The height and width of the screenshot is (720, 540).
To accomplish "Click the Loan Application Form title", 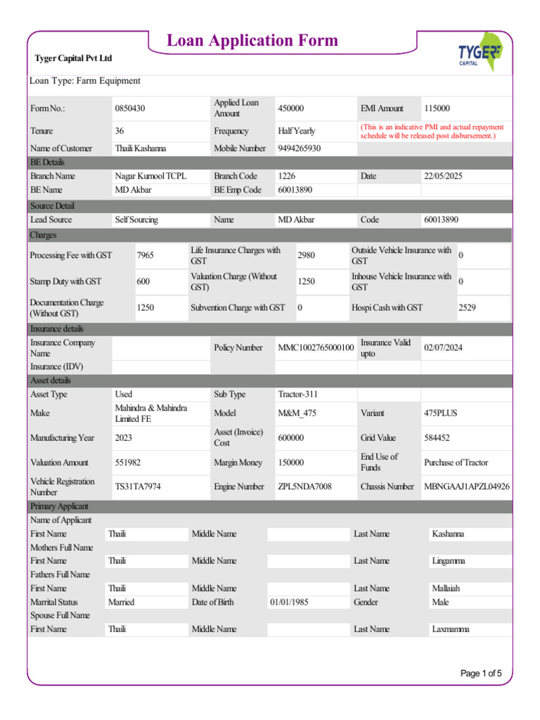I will (x=252, y=41).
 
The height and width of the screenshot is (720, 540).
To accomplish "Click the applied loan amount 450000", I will (x=291, y=108).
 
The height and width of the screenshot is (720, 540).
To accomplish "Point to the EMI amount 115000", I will (x=437, y=108).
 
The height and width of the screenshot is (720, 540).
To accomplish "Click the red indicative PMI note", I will (x=432, y=131).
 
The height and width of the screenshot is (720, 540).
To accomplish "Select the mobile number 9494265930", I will (x=300, y=148).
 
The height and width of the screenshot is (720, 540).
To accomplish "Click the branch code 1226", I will (x=287, y=176).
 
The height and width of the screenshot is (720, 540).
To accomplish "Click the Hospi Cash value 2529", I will (x=467, y=307).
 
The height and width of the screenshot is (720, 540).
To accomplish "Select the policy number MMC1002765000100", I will (x=316, y=347).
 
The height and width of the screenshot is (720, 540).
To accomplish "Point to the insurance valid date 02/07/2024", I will (x=444, y=347).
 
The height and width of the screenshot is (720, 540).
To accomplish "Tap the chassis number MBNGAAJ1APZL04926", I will (x=467, y=487).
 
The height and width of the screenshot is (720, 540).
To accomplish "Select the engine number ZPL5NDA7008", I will (x=304, y=487).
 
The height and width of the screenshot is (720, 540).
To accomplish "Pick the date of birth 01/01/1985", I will (x=289, y=602).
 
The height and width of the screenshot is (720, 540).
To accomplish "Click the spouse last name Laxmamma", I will (x=451, y=629).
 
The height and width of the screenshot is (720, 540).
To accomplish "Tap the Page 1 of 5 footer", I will (x=481, y=674).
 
